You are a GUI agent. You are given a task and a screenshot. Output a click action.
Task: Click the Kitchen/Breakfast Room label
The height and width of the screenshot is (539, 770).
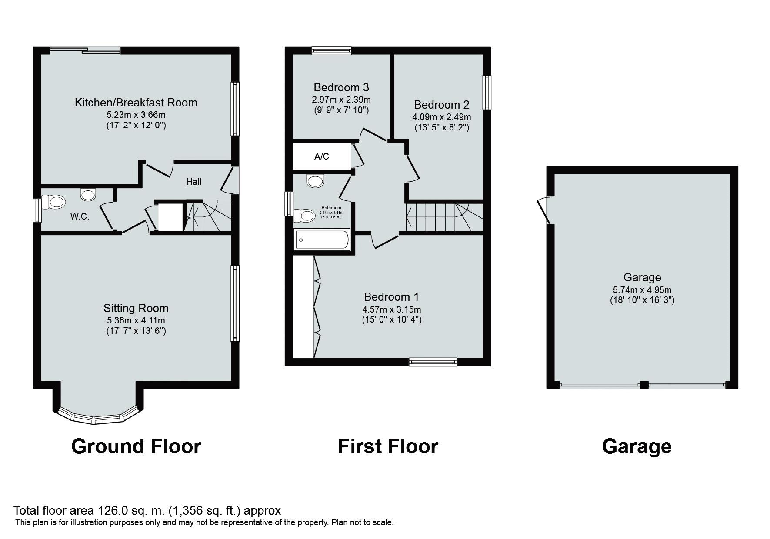click(136, 103)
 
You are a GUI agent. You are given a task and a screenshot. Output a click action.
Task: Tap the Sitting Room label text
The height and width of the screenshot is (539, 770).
click(136, 308)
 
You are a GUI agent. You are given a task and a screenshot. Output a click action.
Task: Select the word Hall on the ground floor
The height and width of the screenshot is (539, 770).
click(193, 182)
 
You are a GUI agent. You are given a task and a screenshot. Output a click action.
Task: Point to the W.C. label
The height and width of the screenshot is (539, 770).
click(80, 216)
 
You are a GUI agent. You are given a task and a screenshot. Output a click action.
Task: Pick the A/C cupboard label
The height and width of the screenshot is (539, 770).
click(322, 156)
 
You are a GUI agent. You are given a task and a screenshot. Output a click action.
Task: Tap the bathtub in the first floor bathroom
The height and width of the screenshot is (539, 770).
click(322, 240)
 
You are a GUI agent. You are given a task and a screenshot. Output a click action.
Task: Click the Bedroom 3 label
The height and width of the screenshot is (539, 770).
click(341, 87)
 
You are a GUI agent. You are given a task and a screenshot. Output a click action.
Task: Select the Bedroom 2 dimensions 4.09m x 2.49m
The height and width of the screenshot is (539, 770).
click(441, 117)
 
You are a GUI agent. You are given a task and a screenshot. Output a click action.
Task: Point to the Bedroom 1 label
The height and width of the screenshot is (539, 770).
click(391, 297)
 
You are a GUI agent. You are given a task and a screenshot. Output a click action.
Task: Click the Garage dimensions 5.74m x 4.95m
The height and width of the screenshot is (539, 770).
click(642, 290)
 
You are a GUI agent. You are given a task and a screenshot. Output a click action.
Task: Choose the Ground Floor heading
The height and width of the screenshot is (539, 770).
click(136, 446)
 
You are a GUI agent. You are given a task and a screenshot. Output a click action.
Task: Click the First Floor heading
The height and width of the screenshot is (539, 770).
click(388, 446)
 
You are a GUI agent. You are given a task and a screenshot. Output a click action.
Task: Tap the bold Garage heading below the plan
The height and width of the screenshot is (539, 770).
click(637, 446)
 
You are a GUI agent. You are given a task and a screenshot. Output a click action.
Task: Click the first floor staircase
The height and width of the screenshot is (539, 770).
click(443, 217)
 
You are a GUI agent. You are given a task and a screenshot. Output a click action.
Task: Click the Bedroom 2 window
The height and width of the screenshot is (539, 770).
click(487, 93)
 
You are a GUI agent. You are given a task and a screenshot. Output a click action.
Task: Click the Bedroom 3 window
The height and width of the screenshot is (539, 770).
click(331, 50)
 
